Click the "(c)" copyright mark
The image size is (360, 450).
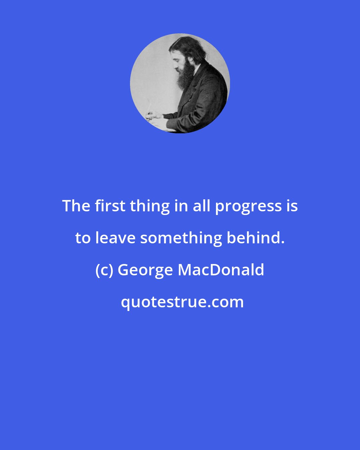(104, 271)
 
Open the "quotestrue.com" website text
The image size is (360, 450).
(182, 303)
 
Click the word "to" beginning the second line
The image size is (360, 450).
(83, 238)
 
